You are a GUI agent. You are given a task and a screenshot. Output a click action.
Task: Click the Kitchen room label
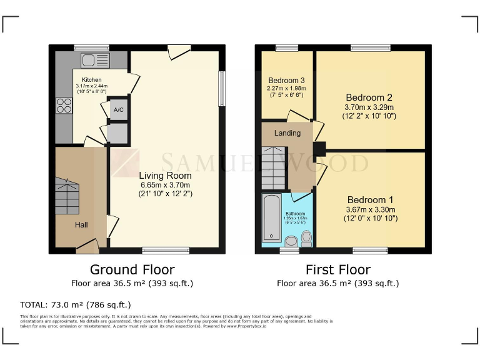[91, 80]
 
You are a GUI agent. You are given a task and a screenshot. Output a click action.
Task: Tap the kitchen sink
[94, 61]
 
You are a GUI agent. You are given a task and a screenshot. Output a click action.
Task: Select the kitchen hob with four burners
[64, 106]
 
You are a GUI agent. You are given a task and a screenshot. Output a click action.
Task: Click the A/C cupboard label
[117, 110]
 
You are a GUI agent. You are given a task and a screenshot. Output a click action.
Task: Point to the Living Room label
[164, 176]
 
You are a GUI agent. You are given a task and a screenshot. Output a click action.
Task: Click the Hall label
[82, 224]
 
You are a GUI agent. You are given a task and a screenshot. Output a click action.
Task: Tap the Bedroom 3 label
[286, 81]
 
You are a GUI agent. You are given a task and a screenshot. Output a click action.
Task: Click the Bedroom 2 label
[369, 97]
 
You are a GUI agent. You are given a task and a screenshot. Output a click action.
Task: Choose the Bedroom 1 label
[370, 200]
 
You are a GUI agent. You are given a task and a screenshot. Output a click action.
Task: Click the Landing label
[287, 133]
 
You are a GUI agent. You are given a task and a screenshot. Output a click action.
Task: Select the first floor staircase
[273, 167]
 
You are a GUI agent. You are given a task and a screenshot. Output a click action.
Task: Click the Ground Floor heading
[131, 270]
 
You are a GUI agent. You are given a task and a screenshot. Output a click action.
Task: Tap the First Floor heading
[337, 270]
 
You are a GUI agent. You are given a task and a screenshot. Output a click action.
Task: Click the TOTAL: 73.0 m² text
[76, 305]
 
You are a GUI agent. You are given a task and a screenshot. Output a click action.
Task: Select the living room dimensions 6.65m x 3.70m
[164, 185]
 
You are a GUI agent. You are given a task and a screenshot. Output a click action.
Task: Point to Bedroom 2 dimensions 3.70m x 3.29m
[369, 107]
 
